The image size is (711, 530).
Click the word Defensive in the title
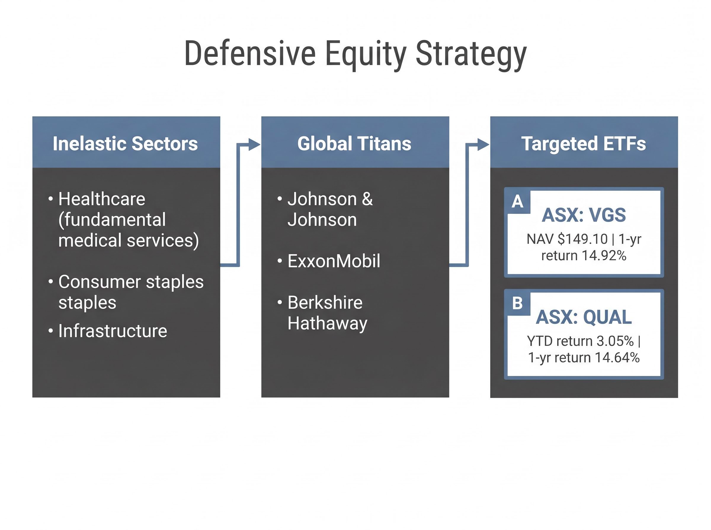click(250, 54)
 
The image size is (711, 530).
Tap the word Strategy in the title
click(471, 54)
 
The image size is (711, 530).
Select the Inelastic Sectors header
click(125, 143)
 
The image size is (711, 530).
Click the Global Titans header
click(354, 143)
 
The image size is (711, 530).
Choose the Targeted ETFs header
click(583, 143)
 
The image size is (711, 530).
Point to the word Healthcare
click(102, 199)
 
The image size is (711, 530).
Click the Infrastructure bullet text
click(113, 331)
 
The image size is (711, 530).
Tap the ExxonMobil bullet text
click(334, 261)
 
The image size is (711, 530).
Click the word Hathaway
click(327, 323)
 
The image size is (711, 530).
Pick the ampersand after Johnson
click(367, 199)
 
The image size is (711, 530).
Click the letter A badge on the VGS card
click(517, 201)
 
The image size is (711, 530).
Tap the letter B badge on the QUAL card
click(517, 303)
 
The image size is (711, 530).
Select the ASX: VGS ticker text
click(583, 215)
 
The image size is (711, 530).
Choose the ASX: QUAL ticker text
click(583, 317)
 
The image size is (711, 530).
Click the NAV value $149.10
click(582, 239)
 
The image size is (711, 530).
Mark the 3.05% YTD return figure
click(615, 341)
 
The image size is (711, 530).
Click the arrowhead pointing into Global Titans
click(254, 145)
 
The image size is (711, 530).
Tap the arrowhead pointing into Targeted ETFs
click(483, 145)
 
